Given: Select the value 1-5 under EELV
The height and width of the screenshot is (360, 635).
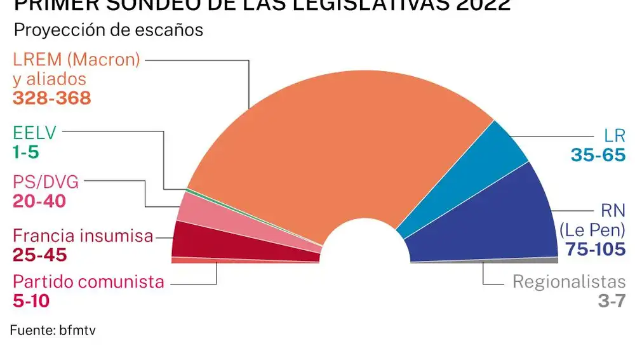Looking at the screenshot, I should (x=26, y=153).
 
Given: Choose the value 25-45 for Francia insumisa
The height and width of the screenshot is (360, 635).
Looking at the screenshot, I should (x=39, y=255).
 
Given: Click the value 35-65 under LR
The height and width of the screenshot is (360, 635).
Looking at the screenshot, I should (x=598, y=154).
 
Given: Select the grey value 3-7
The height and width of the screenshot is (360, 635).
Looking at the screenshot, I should (x=612, y=301).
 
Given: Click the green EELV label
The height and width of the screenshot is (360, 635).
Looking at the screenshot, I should (x=35, y=134).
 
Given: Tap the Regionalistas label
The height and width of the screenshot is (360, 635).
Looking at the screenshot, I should (x=569, y=282).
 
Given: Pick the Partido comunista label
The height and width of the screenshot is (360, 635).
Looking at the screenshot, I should (x=89, y=281).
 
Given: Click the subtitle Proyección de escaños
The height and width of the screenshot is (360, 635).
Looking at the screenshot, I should (x=108, y=30).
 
